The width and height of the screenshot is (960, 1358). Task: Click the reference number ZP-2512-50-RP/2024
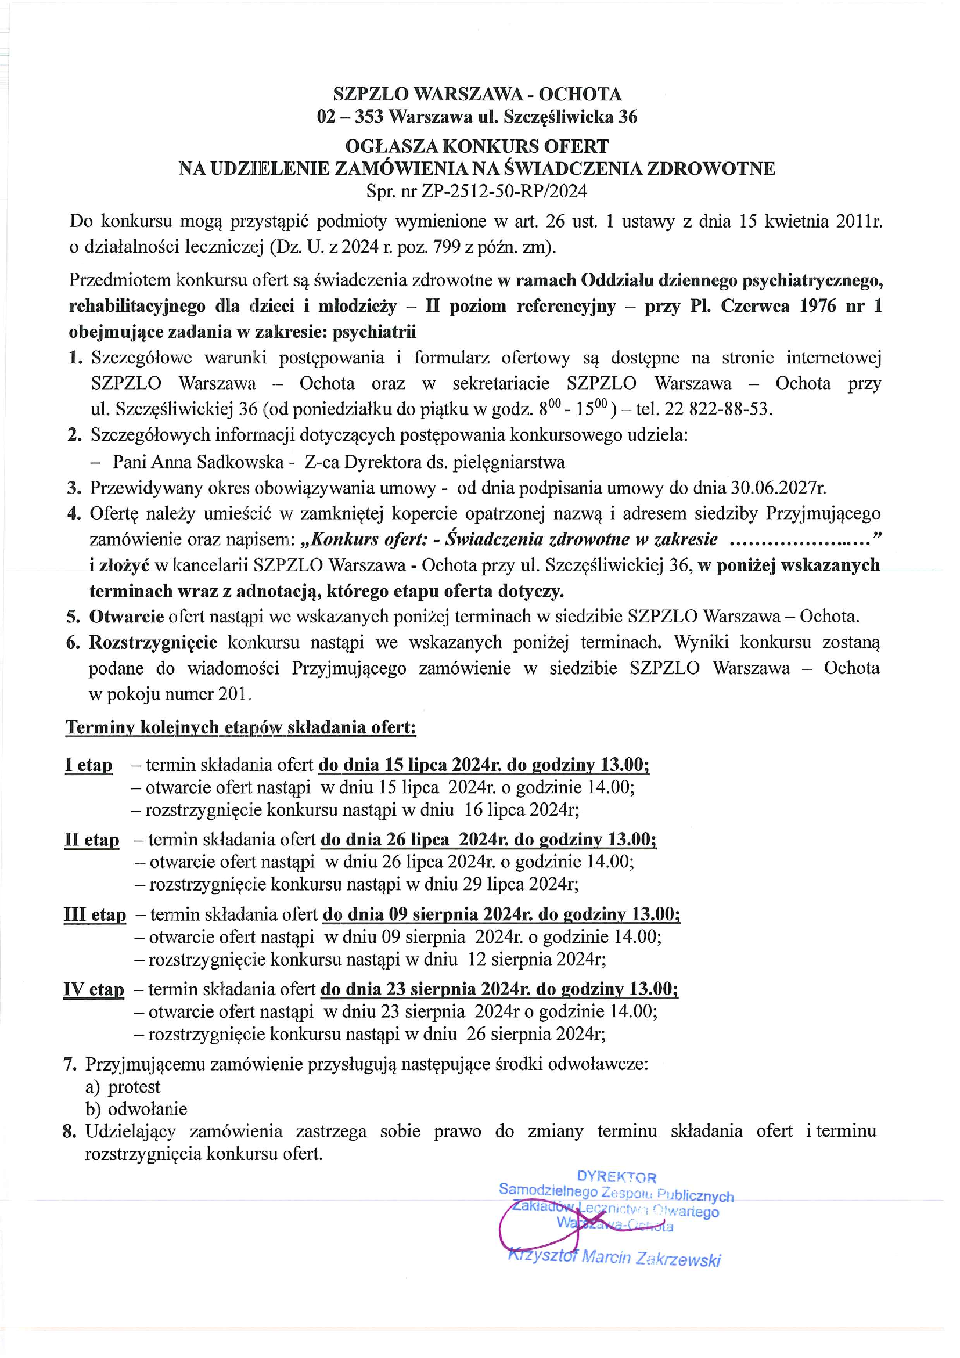coord(504,191)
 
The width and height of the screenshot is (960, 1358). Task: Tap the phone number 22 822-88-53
coord(718,409)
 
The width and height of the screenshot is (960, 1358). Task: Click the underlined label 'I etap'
coord(88,765)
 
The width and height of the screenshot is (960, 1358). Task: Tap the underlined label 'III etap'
coord(95,914)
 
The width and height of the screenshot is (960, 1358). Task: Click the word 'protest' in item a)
coord(134,1086)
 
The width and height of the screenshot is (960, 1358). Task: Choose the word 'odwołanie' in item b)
coord(148,1109)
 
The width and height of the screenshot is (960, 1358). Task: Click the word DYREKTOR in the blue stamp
coord(616,1177)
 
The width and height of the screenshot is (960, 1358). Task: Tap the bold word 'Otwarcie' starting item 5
coord(127,617)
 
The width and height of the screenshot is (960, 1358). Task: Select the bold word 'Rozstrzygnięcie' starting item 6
coord(153,642)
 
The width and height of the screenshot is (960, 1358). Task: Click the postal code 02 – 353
coord(350,117)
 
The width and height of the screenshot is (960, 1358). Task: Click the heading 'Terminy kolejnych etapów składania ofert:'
coord(241,727)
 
